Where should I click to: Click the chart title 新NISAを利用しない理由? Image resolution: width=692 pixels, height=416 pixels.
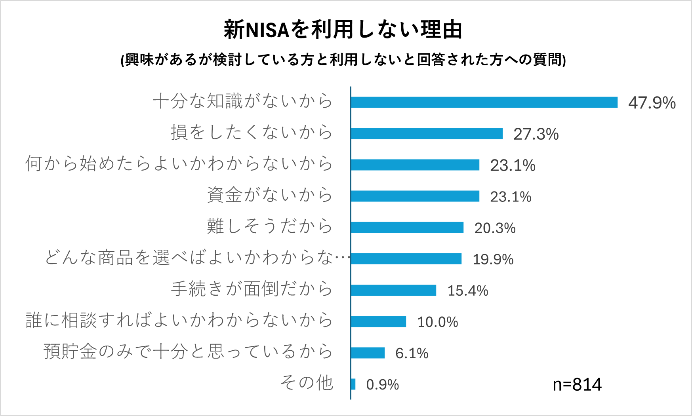(343, 30)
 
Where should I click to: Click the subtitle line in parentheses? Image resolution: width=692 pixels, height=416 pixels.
(343, 60)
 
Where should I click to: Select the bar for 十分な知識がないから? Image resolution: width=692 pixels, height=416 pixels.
(484, 102)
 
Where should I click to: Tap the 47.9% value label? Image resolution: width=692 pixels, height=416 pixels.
(652, 103)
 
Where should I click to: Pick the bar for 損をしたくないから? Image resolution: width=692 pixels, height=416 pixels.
(427, 133)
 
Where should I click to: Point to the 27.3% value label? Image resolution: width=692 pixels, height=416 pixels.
(536, 134)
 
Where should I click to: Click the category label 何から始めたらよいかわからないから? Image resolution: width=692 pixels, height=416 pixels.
(179, 163)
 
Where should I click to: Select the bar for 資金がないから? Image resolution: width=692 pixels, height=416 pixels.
(415, 196)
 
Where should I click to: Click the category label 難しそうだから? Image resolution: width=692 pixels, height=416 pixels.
(270, 226)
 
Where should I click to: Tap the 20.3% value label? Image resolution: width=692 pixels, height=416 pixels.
(495, 228)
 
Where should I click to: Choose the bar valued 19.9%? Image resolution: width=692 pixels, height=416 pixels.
(406, 258)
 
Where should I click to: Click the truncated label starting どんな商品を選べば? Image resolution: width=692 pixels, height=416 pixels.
(197, 258)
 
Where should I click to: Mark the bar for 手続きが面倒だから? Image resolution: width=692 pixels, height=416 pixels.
(393, 290)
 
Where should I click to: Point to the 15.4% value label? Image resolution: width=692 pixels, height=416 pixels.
(467, 291)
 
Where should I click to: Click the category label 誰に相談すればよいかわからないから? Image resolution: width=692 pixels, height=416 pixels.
(179, 320)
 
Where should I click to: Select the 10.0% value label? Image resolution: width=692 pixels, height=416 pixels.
(437, 322)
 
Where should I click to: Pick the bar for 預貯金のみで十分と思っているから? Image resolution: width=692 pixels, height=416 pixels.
(368, 353)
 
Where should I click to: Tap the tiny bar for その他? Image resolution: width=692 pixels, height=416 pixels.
(353, 384)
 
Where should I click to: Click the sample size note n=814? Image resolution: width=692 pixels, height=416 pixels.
(577, 384)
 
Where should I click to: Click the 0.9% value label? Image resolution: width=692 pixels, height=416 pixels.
(382, 385)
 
